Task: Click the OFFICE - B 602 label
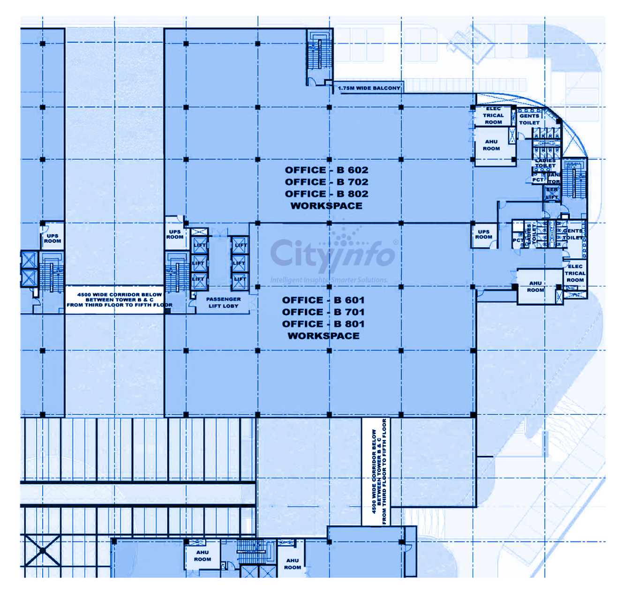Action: click(x=326, y=170)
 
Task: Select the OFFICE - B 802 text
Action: click(x=326, y=194)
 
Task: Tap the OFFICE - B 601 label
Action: click(x=323, y=300)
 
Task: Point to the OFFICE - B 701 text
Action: click(x=323, y=312)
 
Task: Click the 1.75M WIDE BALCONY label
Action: click(x=369, y=88)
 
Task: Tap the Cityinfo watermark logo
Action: click(x=333, y=256)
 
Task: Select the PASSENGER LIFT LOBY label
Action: click(x=223, y=302)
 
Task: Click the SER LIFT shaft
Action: click(x=552, y=193)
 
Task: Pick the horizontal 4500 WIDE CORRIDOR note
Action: click(x=119, y=300)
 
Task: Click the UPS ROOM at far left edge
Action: click(x=52, y=239)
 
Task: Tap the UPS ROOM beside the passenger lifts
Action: click(x=175, y=234)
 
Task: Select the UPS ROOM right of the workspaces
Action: click(x=483, y=234)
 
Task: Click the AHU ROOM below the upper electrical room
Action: click(x=491, y=145)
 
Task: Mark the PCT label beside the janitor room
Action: click(x=537, y=180)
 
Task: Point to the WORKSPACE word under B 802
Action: click(x=326, y=206)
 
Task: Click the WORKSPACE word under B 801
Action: click(x=323, y=336)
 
